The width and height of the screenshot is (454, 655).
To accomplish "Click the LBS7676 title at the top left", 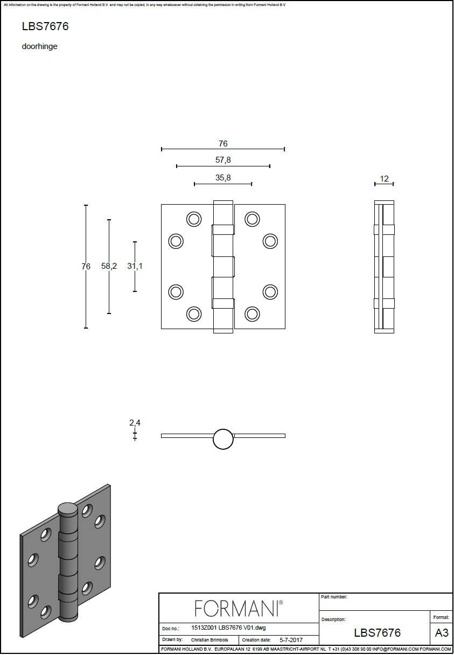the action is (x=45, y=26).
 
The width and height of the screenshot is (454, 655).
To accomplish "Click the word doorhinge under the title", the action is (x=39, y=46).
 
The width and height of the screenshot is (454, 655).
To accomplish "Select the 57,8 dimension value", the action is (x=223, y=160).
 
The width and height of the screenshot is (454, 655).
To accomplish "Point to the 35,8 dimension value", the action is (x=223, y=178).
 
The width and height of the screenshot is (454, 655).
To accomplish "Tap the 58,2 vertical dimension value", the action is (x=109, y=266).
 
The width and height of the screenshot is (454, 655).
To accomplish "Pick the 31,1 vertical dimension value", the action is (x=135, y=266).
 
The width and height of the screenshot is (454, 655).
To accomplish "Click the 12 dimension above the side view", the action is (x=384, y=179).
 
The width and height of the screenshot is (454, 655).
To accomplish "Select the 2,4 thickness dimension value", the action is (x=135, y=422).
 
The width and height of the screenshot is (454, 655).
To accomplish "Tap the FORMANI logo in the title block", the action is (x=239, y=609).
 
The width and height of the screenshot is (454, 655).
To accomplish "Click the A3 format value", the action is (x=442, y=632).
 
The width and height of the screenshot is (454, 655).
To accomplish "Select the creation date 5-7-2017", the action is (x=291, y=640).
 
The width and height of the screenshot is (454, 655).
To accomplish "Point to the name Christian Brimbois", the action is (x=209, y=640).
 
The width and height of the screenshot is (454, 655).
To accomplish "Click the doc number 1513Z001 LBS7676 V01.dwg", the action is (x=228, y=628).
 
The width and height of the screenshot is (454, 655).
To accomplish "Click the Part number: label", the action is (x=334, y=597).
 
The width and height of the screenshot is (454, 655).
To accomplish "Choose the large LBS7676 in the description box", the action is (x=377, y=633).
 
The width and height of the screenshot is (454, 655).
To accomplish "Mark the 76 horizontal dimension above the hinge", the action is (x=223, y=144).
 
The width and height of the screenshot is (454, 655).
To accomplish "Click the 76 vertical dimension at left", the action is (x=86, y=267).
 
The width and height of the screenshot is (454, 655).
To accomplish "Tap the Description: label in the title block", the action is (x=333, y=619).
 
